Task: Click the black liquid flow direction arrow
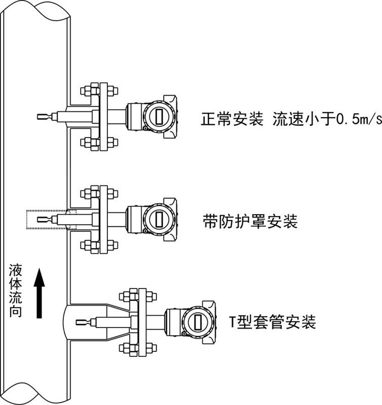pos(40,293)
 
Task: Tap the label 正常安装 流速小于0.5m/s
pos(291,119)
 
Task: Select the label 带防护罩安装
pos(250,221)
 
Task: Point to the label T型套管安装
pos(273,322)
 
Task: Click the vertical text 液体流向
pos(15,291)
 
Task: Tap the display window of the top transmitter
pos(159,116)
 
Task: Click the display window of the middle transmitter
pos(159,219)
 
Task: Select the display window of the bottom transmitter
pos(198,322)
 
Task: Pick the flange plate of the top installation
pos(104,117)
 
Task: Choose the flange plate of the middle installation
pos(104,220)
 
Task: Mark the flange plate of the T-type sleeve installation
pos(142,322)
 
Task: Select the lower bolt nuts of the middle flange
pos(99,246)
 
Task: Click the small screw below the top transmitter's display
pos(145,129)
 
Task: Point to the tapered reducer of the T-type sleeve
pos(118,322)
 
